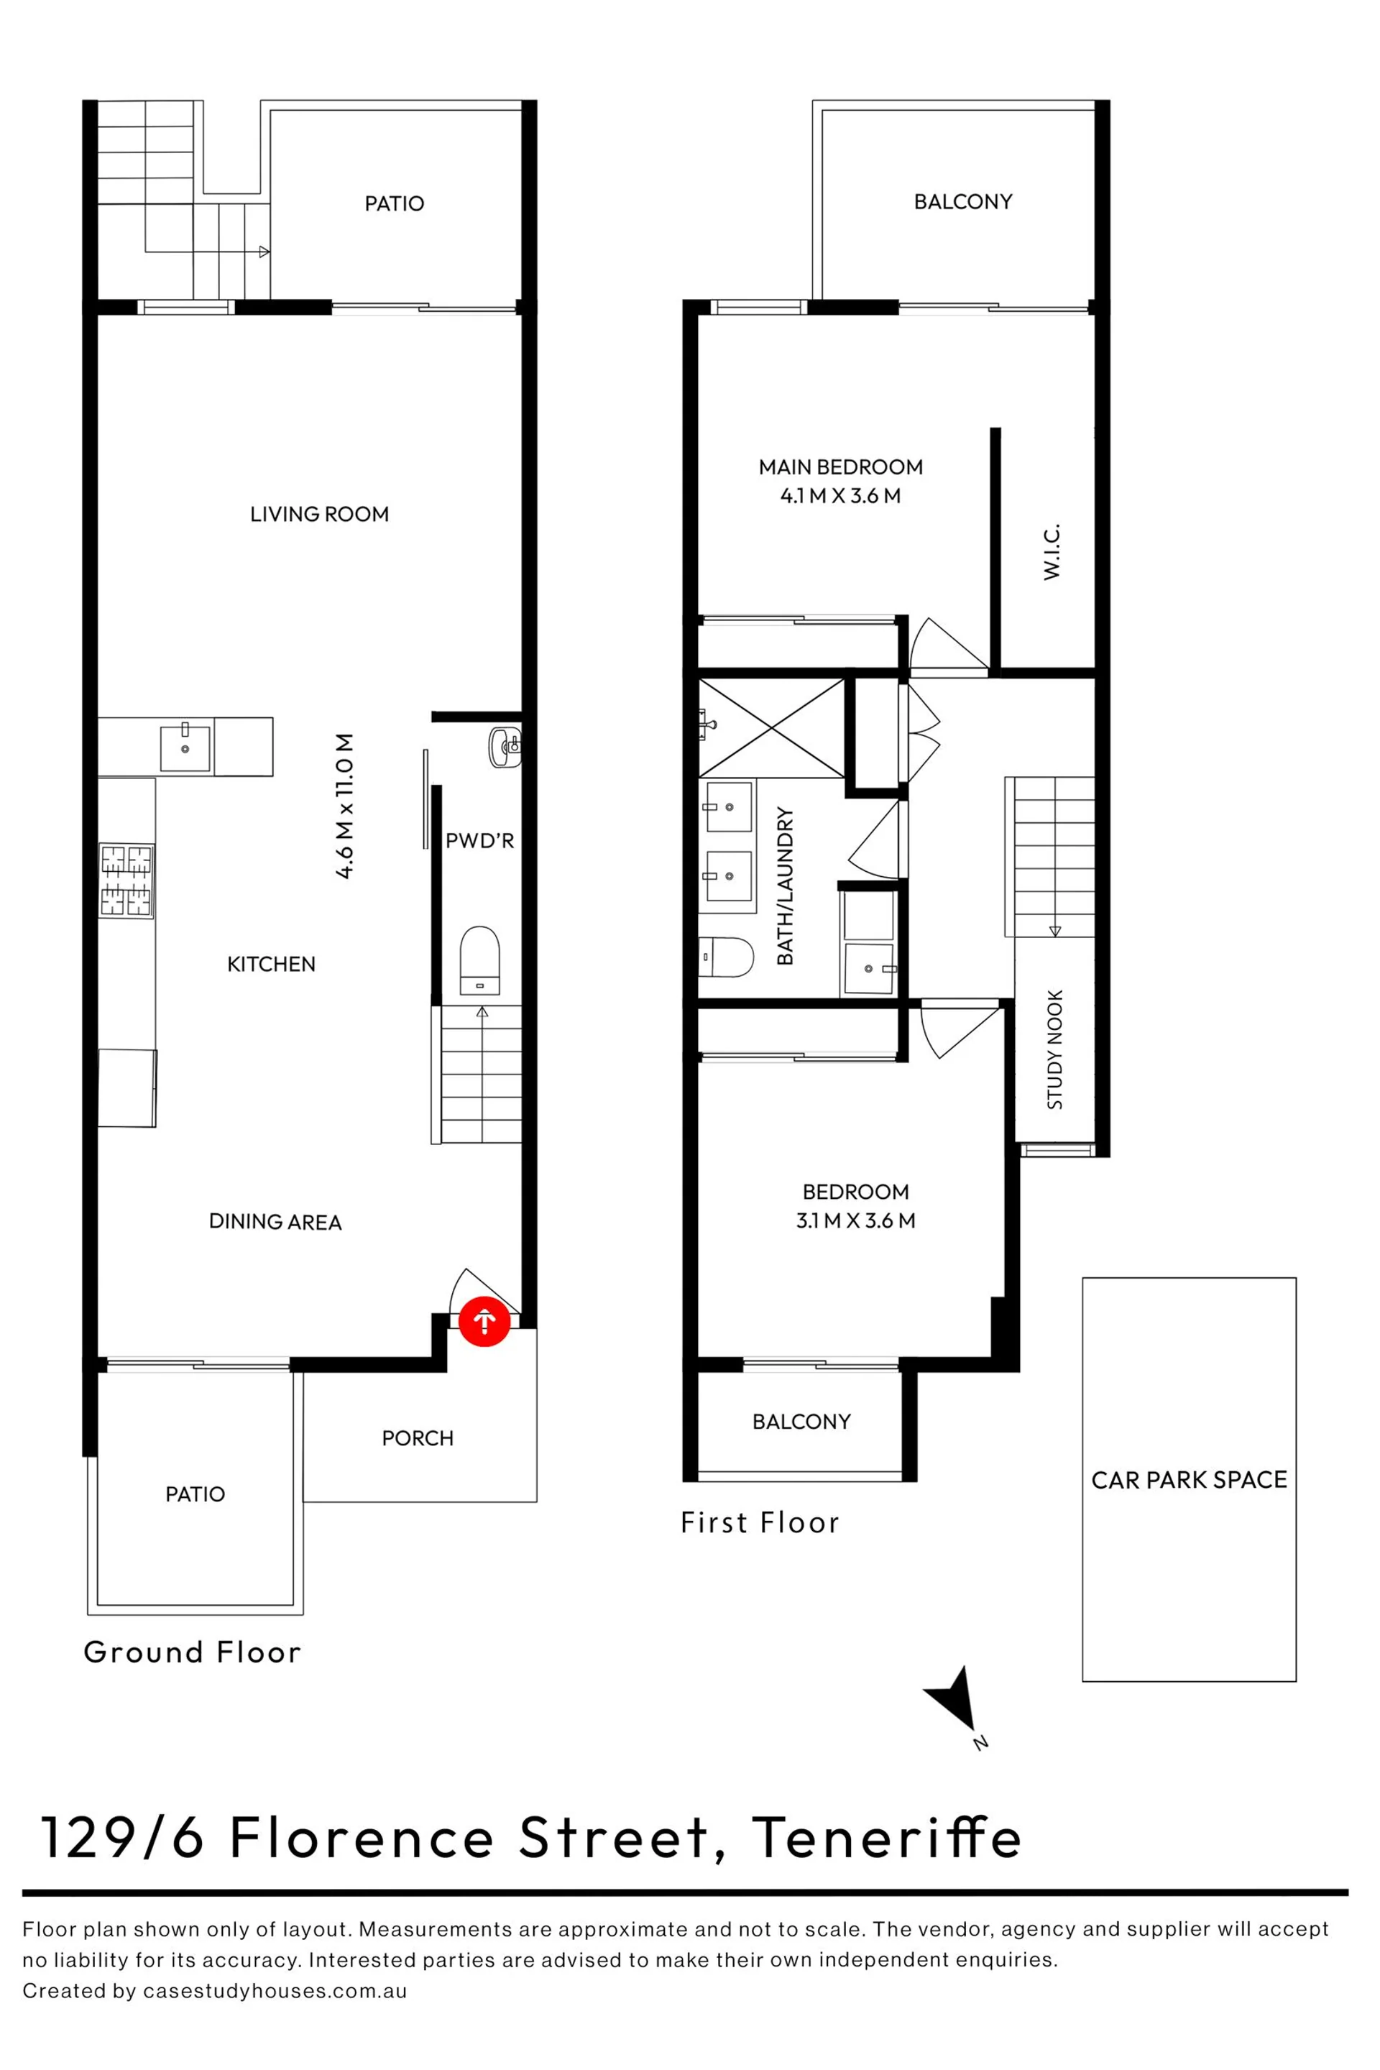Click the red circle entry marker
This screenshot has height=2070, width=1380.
click(484, 1321)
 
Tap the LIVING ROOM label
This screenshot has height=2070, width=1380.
click(319, 514)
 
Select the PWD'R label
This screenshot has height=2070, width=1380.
click(479, 840)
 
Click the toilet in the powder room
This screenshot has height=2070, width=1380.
click(479, 961)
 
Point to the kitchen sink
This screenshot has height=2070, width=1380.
click(185, 748)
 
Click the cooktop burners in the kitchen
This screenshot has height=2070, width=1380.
click(126, 881)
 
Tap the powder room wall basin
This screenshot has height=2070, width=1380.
click(505, 747)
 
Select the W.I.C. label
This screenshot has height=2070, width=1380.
click(1052, 552)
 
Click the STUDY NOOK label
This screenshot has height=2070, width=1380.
click(1054, 1049)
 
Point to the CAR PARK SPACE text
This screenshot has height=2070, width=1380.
click(1189, 1479)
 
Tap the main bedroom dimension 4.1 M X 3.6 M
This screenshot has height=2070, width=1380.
click(840, 495)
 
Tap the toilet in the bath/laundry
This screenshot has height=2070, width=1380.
click(726, 957)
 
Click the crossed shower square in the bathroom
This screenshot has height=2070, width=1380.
click(771, 728)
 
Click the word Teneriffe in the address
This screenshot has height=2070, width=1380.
click(886, 1837)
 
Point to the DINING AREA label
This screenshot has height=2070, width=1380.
click(275, 1222)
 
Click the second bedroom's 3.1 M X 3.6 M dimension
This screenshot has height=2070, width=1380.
click(855, 1220)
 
